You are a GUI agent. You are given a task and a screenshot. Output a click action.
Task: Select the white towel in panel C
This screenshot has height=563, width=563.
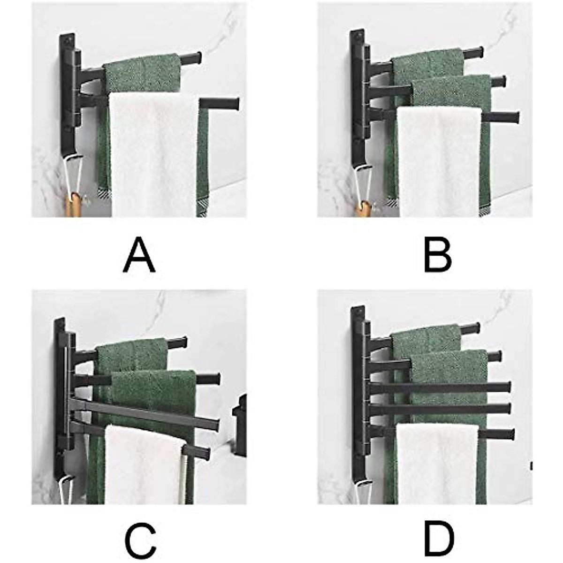(141, 464)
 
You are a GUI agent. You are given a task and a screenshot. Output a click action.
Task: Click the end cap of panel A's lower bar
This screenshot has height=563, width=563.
(233, 103)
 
